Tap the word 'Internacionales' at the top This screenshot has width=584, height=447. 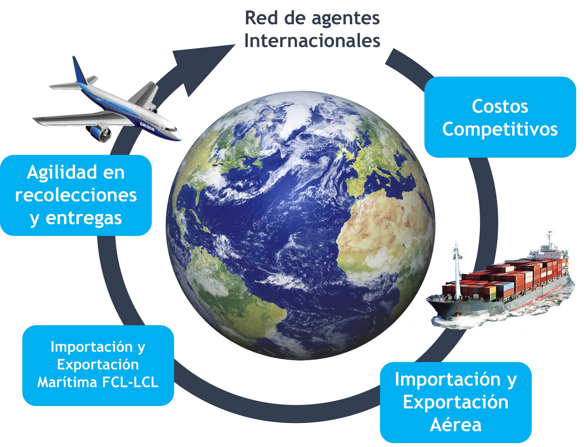click(x=312, y=41)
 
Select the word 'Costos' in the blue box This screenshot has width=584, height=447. click(x=500, y=106)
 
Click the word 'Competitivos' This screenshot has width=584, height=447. click(x=500, y=129)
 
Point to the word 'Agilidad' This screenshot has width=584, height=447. click(x=62, y=173)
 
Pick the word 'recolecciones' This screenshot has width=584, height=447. click(x=76, y=195)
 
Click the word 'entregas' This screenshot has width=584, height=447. click(x=84, y=218)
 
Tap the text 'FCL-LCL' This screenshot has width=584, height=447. click(x=130, y=382)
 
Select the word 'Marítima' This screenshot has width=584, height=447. click(x=67, y=382)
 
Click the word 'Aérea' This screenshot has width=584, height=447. click(x=456, y=425)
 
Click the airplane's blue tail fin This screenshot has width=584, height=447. click(x=79, y=70)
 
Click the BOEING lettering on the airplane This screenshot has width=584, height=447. click(x=147, y=126)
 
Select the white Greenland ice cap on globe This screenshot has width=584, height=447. click(x=295, y=117)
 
